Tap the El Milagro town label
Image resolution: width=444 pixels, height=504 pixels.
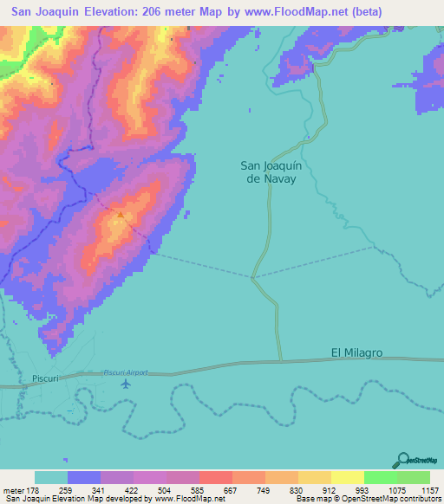tap(356, 353)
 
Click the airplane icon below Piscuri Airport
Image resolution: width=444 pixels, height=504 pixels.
tap(128, 384)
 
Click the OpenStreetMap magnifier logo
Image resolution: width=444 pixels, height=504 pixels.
tap(403, 460)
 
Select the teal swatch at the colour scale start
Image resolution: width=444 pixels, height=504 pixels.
tap(50, 477)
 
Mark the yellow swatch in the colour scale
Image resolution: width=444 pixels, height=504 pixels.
tap(347, 477)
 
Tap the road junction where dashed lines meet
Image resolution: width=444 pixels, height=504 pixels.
tap(252, 278)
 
